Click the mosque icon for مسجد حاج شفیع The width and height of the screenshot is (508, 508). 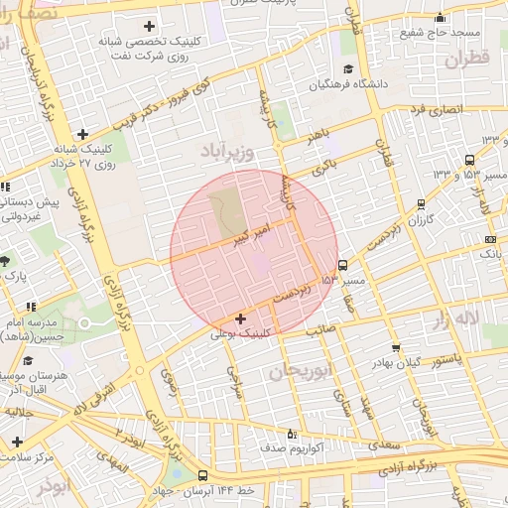[441, 18]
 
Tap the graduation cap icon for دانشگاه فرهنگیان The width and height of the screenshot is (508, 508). [348, 68]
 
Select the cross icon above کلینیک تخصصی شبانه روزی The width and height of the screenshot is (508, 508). [150, 25]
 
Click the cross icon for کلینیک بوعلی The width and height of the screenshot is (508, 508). [241, 318]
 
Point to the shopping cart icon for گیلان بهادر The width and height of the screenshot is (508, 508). [397, 348]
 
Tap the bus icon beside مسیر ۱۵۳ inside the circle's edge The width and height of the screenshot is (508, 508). [342, 265]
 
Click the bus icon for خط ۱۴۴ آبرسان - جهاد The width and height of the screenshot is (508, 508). [203, 475]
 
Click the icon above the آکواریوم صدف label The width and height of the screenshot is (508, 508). [290, 433]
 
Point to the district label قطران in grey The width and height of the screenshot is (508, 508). [467, 61]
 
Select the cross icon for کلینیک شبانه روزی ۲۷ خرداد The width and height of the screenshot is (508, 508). [83, 134]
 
